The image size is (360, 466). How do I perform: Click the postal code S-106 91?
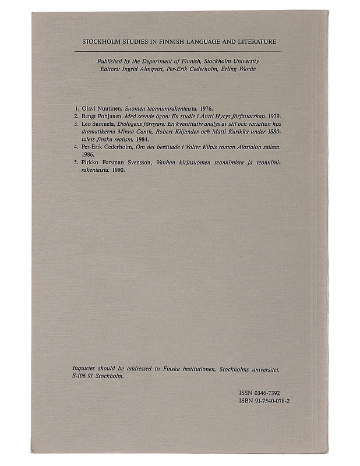(x=83, y=377)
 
